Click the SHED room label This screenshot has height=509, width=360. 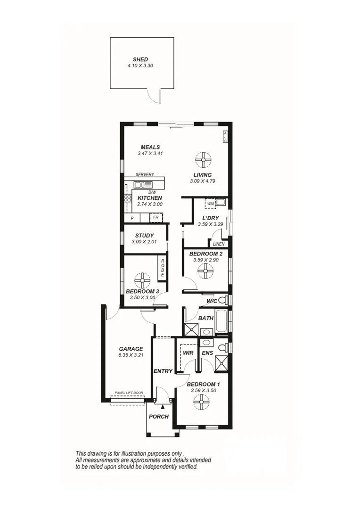[140, 59]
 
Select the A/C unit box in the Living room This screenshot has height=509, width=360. [225, 137]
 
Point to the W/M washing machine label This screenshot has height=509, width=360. [210, 203]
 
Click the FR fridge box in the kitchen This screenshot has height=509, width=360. [155, 218]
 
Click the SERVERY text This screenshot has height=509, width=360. [145, 174]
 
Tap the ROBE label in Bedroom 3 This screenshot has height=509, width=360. [163, 268]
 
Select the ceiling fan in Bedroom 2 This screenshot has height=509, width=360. [205, 271]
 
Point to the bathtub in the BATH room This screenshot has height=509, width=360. [221, 320]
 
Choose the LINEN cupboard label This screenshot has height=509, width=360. [219, 244]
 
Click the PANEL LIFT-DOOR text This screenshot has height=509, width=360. [129, 393]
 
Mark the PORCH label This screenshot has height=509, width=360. [158, 417]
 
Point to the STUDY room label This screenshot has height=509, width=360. [144, 235]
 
